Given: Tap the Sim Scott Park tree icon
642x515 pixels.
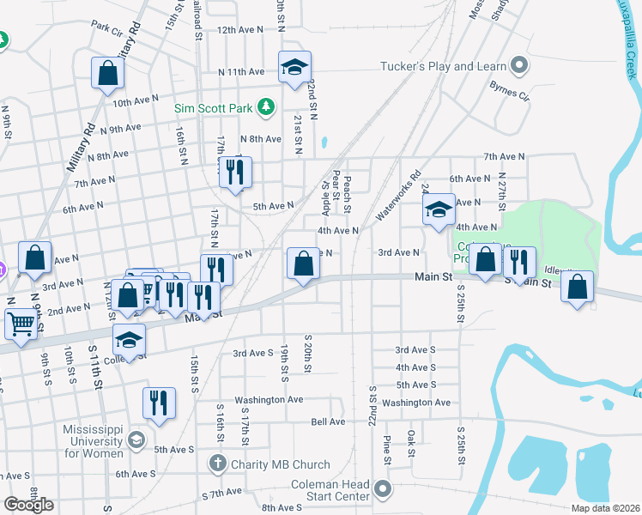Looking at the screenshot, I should [x=266, y=106].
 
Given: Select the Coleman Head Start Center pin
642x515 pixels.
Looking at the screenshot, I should [x=383, y=491].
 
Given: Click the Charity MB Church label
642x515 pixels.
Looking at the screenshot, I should [x=280, y=464].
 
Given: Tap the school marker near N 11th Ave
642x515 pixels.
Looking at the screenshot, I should [x=294, y=68].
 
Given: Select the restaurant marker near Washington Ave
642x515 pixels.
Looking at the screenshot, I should [x=159, y=402].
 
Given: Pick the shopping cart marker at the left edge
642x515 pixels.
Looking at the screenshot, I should [x=21, y=324].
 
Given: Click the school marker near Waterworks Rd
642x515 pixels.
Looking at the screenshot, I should [x=439, y=210].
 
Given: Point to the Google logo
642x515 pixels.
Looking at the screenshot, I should [x=28, y=505].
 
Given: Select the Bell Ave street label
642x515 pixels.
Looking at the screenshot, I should [x=327, y=421].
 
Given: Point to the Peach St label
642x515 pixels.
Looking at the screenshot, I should [x=348, y=195].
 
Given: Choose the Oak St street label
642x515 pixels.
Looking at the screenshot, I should [x=411, y=443].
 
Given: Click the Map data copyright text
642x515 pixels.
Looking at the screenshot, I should [x=608, y=508].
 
